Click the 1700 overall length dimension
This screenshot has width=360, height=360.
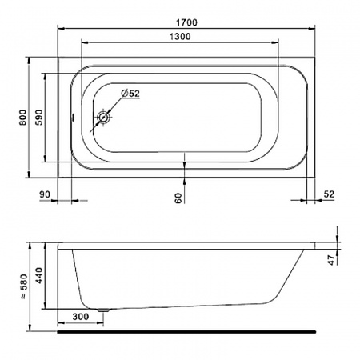pyautogui.click(x=186, y=22)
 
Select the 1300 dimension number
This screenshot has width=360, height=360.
pyautogui.click(x=180, y=37)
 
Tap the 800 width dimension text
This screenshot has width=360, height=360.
pyautogui.click(x=23, y=118)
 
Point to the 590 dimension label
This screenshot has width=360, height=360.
pyautogui.click(x=39, y=118)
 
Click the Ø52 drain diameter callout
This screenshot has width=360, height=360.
pyautogui.click(x=130, y=94)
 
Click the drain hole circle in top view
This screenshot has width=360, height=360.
pyautogui.click(x=103, y=118)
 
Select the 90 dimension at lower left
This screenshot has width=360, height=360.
pyautogui.click(x=45, y=194)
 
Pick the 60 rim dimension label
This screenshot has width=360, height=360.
pyautogui.click(x=178, y=198)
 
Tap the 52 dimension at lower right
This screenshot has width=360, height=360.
pyautogui.click(x=329, y=194)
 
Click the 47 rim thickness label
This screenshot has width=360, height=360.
pyautogui.click(x=331, y=260)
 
